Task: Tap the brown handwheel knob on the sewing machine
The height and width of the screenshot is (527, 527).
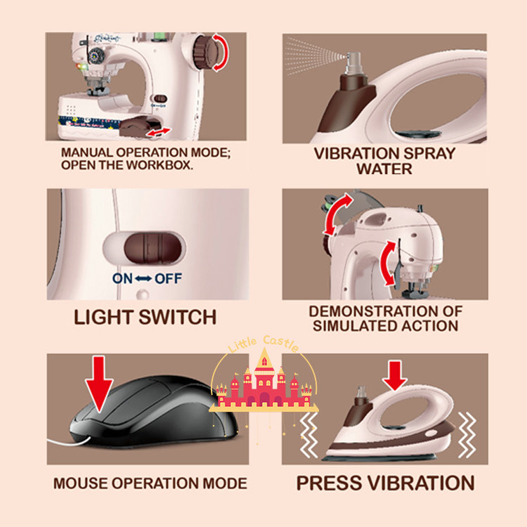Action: pos(205,52)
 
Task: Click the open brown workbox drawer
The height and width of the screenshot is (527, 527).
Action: pos(136,126)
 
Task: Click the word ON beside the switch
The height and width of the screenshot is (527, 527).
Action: pos(122,278)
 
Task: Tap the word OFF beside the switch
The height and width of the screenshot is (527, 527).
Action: pos(168,278)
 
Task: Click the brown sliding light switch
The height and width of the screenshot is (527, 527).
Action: pos(152,248)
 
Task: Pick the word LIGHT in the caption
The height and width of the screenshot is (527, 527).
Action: pos(103,317)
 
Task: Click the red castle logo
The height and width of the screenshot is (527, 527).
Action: pos(264,383)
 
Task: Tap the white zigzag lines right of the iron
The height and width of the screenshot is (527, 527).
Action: pos(467,435)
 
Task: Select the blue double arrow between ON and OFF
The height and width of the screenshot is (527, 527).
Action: pos(143,279)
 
